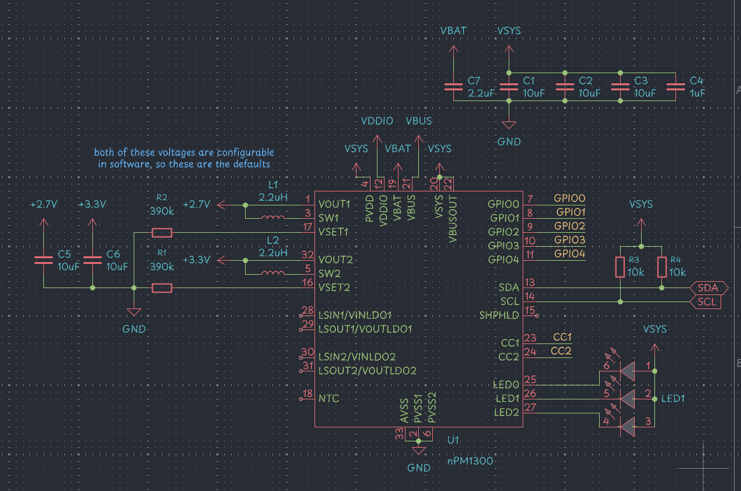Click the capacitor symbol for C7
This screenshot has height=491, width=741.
tap(453, 85)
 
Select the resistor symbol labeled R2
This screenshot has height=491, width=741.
tap(162, 232)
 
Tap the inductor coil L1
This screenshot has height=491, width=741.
tap(274, 218)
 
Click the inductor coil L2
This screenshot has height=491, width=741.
tap(274, 273)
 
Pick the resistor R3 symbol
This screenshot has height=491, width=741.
tap(620, 267)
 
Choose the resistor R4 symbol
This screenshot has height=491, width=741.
tap(662, 267)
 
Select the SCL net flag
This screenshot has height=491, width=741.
tap(707, 301)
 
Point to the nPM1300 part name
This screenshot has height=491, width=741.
tap(471, 461)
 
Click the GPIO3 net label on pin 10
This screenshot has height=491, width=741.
tap(569, 240)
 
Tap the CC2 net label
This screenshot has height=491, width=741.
tap(561, 351)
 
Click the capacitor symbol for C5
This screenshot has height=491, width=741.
tap(43, 259)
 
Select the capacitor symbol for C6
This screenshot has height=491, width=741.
tap(93, 259)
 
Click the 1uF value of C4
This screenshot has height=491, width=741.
tap(698, 93)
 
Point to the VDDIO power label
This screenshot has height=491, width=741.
tap(377, 121)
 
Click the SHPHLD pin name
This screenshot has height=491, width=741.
tap(500, 315)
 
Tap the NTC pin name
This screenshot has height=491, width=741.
tap(328, 399)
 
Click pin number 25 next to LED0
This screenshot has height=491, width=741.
tap(530, 380)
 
